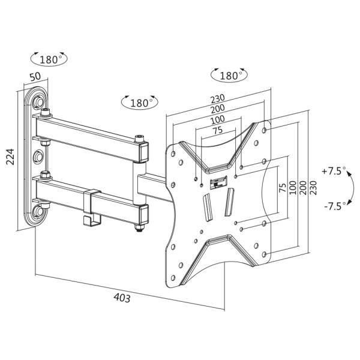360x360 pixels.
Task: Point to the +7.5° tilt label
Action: pyautogui.click(x=334, y=171)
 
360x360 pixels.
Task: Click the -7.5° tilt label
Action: pyautogui.click(x=334, y=206)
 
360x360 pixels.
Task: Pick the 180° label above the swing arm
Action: pyautogui.click(x=139, y=103)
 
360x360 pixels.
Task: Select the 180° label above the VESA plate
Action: pyautogui.click(x=229, y=76)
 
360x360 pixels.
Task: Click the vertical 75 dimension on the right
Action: pyautogui.click(x=281, y=187)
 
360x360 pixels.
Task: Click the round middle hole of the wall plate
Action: pyautogui.click(x=38, y=157)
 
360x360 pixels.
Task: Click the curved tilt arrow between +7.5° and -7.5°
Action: pyautogui.click(x=352, y=188)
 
